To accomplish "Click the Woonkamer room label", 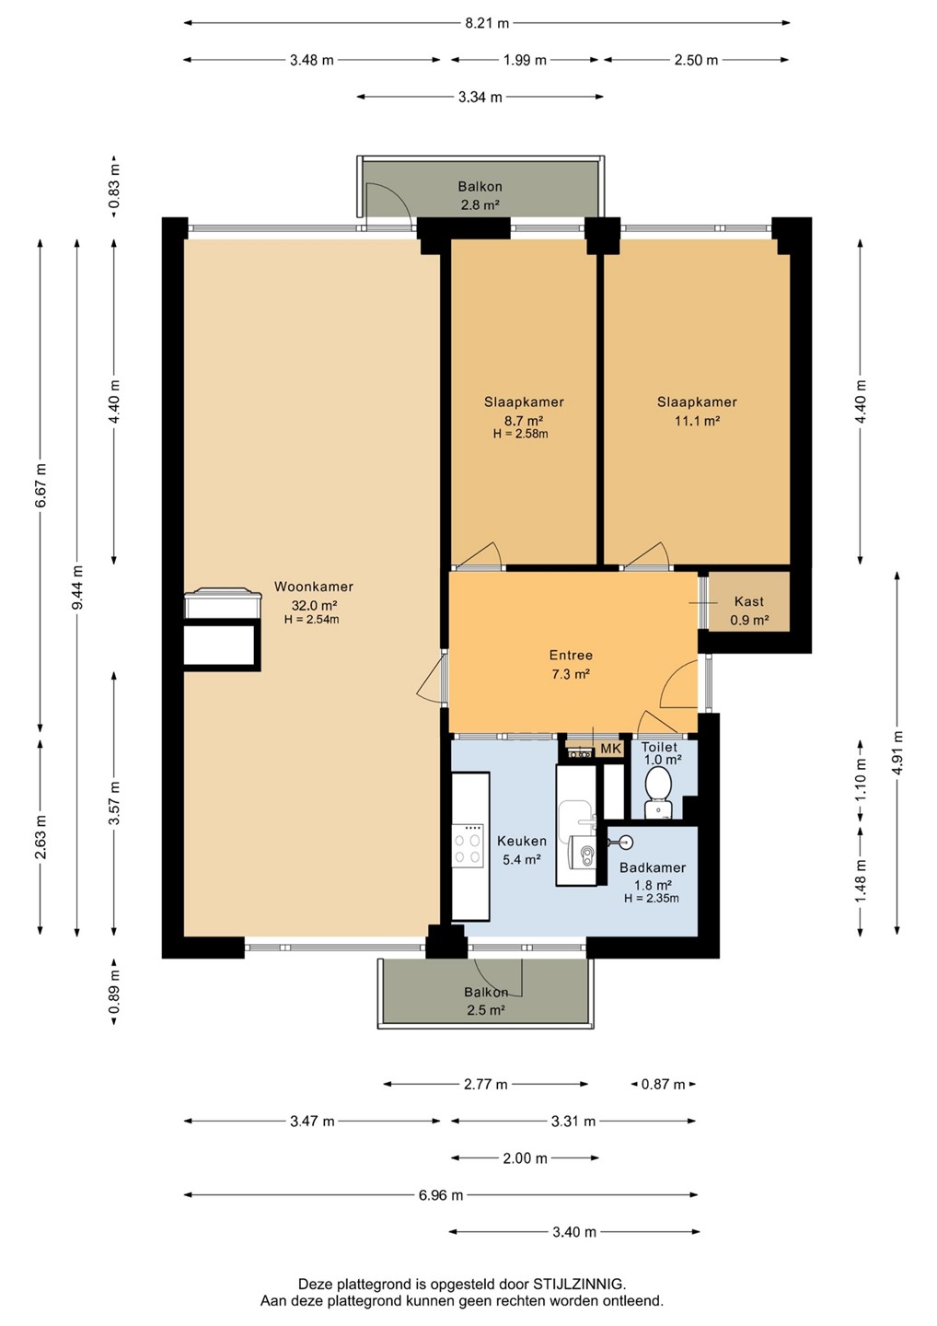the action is (x=314, y=587).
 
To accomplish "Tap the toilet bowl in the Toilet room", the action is (x=657, y=784).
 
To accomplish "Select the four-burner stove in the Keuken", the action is (x=468, y=845).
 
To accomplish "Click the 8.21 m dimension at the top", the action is (x=486, y=23).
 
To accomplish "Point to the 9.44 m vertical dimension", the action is (x=77, y=587).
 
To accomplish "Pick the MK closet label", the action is (x=610, y=749).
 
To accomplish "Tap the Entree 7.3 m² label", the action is (x=571, y=664).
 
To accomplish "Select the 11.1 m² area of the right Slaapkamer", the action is (x=697, y=421).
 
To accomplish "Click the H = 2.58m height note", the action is (x=521, y=434).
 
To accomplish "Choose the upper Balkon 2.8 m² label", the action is (x=480, y=196).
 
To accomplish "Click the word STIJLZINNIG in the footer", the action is (x=579, y=1284).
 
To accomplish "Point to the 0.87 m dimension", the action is (x=663, y=1084).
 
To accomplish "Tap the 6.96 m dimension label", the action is (x=441, y=1194).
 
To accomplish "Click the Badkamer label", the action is (x=653, y=867).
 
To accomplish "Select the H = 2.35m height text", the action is (x=652, y=898).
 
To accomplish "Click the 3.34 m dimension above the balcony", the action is (x=480, y=97).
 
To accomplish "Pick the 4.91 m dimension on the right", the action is (x=897, y=752).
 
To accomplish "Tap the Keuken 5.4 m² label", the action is (x=522, y=850).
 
